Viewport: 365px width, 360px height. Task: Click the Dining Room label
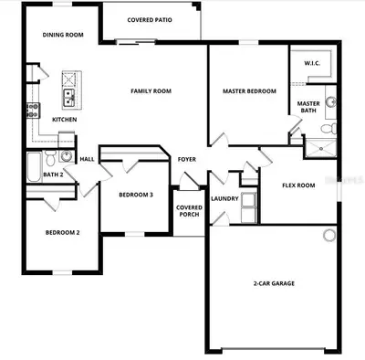pyautogui.click(x=63, y=35)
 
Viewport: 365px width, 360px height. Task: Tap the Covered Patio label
pyautogui.click(x=150, y=20)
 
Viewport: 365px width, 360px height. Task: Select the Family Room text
pyautogui.click(x=151, y=91)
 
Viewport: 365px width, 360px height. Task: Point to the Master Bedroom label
pyautogui.click(x=249, y=91)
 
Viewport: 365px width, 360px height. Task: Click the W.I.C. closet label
pyautogui.click(x=312, y=63)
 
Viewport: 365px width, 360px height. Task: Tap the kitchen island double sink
pyautogui.click(x=68, y=98)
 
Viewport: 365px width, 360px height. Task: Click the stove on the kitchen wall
pyautogui.click(x=33, y=111)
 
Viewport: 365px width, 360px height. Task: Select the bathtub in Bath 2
pyautogui.click(x=34, y=167)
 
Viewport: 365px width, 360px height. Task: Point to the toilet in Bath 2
pyautogui.click(x=50, y=158)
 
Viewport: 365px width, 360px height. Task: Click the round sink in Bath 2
pyautogui.click(x=66, y=156)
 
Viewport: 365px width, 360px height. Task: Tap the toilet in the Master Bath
pyautogui.click(x=329, y=128)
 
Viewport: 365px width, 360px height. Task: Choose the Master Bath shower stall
pyautogui.click(x=321, y=148)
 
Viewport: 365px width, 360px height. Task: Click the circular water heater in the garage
pyautogui.click(x=329, y=236)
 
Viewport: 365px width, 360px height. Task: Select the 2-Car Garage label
pyautogui.click(x=274, y=283)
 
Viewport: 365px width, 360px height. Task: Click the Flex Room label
pyautogui.click(x=298, y=185)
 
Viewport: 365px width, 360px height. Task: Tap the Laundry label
pyautogui.click(x=224, y=198)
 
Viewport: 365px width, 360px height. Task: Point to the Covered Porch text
pyautogui.click(x=189, y=211)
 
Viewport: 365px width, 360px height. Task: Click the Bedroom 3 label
pyautogui.click(x=136, y=195)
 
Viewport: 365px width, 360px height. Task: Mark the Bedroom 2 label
pyautogui.click(x=63, y=233)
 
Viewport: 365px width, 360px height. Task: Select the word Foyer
pyautogui.click(x=187, y=159)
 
